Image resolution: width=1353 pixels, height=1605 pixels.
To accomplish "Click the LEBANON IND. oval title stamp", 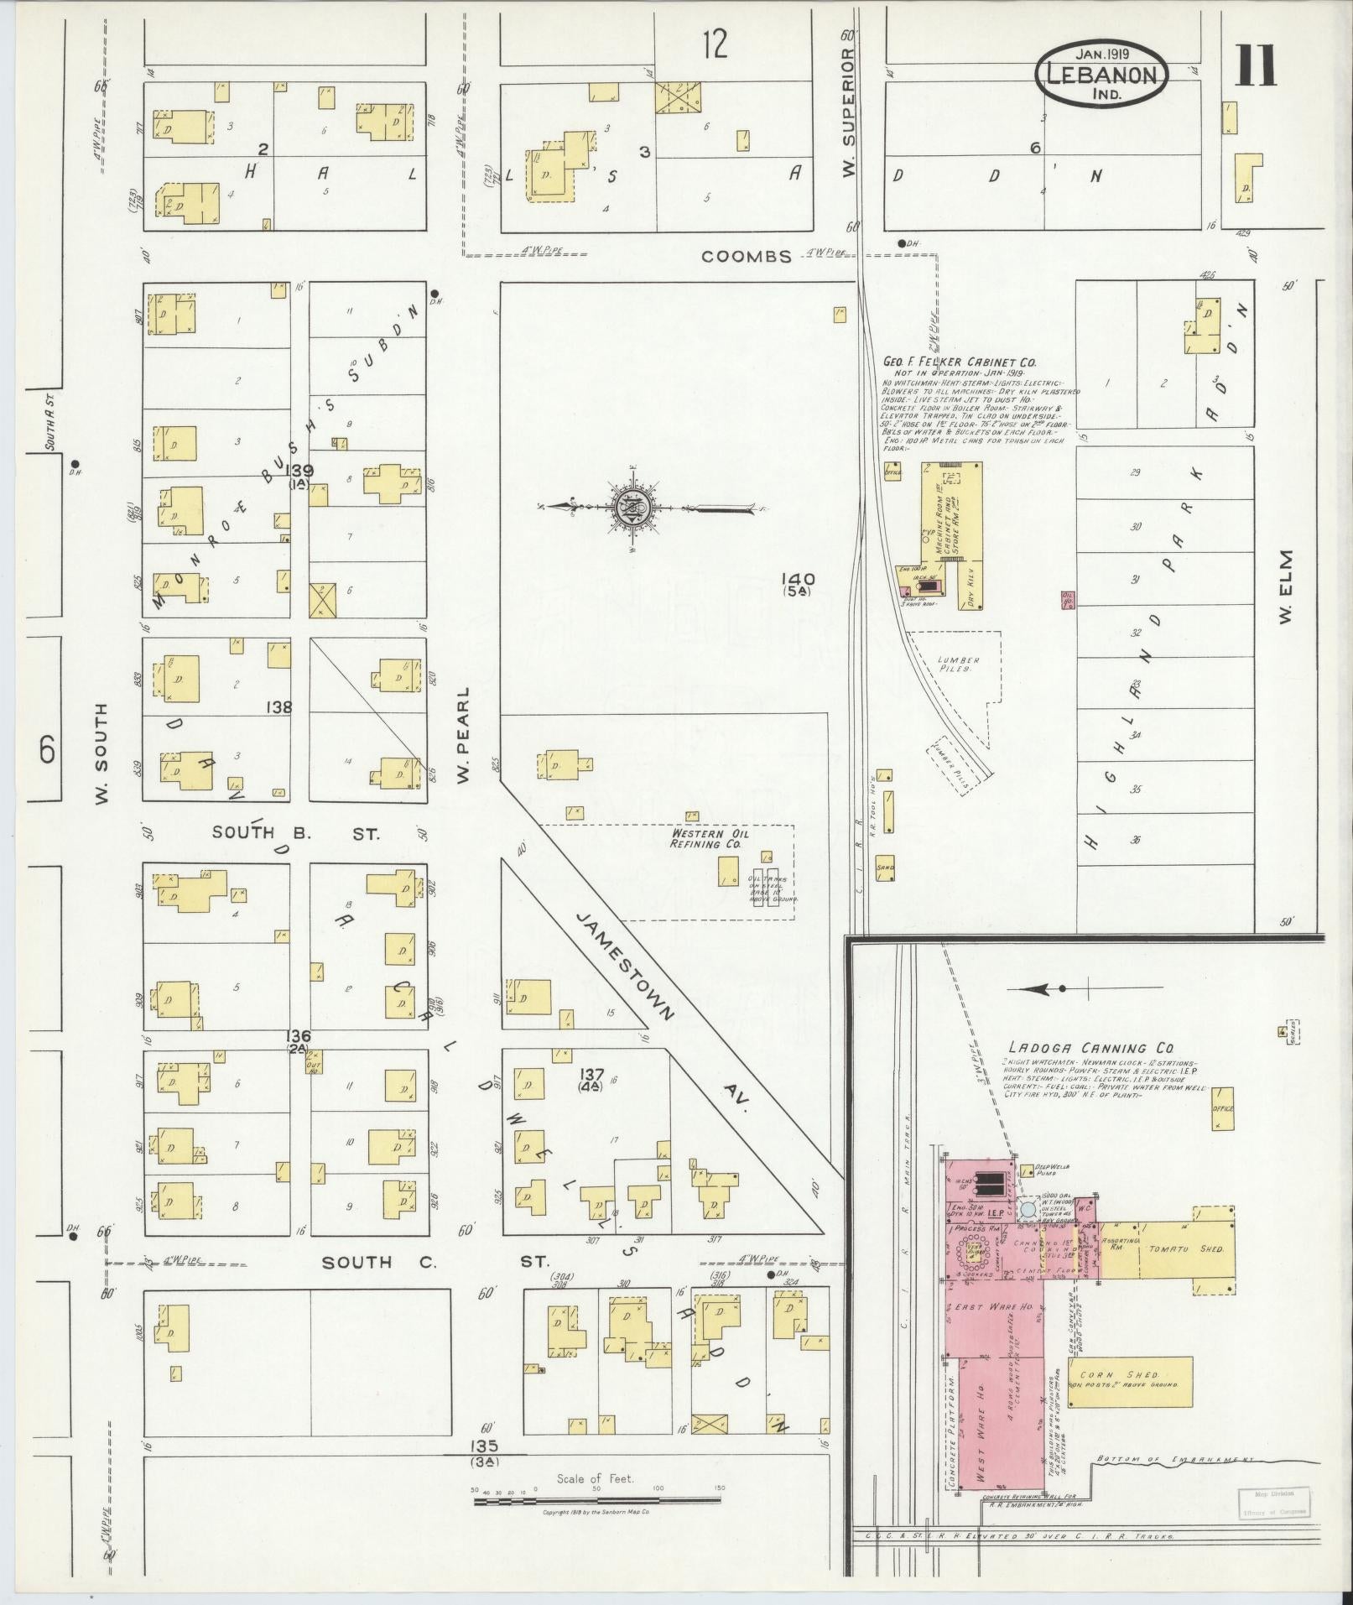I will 1101,74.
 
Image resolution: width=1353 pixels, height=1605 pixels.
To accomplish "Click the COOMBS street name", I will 747,257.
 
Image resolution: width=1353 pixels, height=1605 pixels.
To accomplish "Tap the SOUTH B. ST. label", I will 295,834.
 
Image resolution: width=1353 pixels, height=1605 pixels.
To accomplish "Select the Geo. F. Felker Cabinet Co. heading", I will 959,362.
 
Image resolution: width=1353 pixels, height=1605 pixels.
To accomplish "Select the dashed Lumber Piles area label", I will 958,664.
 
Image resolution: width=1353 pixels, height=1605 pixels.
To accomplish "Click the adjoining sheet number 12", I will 715,44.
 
